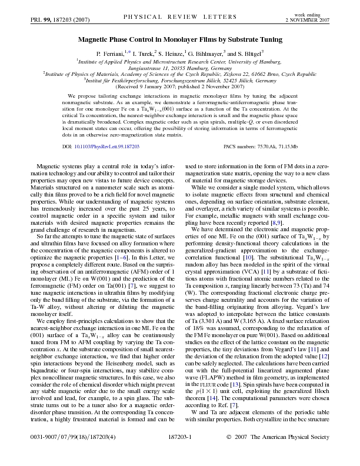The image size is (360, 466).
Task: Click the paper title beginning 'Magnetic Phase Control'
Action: [180, 39]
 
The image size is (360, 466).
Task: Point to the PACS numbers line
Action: [245, 145]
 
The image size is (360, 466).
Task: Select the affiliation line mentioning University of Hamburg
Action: [180, 61]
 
